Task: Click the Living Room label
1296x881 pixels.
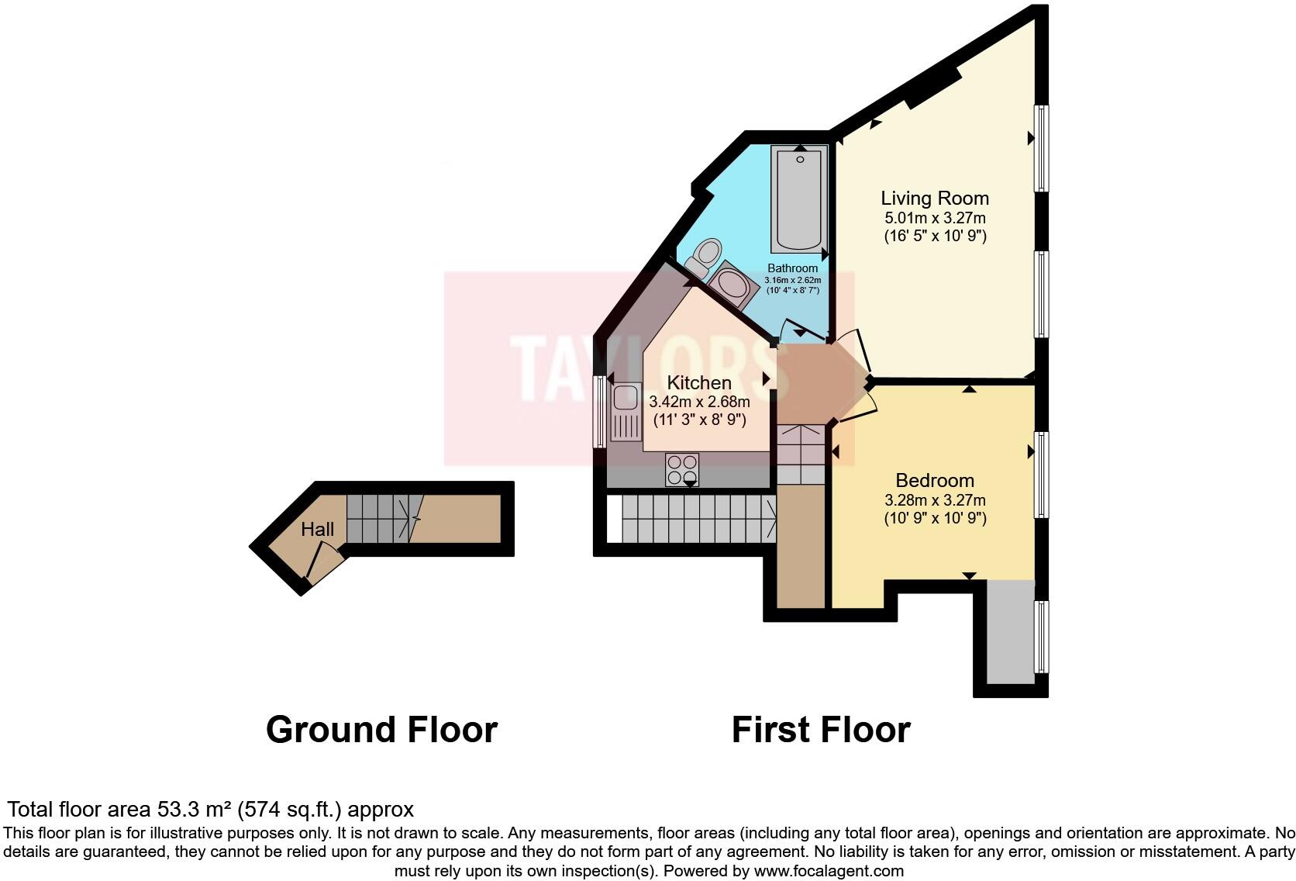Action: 935,199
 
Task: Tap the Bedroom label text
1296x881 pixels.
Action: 935,481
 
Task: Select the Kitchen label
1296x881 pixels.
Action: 699,383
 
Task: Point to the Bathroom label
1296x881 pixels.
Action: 792,268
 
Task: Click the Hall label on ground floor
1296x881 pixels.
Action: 318,530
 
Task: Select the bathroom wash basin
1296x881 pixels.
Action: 732,286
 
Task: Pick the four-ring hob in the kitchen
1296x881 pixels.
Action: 682,469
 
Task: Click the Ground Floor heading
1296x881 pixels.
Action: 381,731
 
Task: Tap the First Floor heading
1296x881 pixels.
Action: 821,731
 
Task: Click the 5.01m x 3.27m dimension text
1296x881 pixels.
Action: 935,219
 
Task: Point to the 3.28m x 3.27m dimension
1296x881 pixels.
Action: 935,501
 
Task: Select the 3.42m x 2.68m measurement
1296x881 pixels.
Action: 699,402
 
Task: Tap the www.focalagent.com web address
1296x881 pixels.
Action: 829,871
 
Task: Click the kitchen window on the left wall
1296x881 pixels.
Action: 598,412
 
